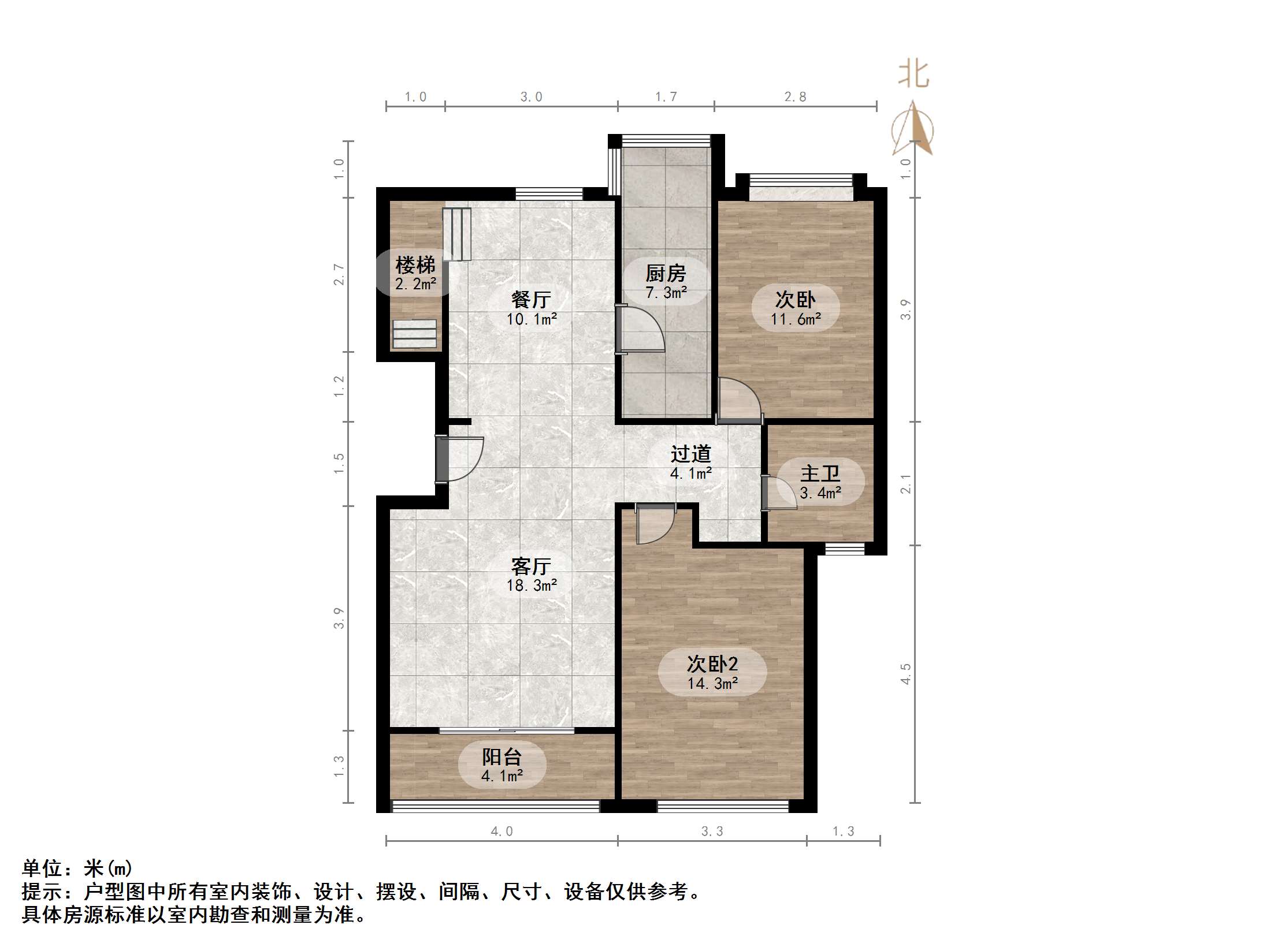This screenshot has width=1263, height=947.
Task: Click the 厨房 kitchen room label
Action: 666,273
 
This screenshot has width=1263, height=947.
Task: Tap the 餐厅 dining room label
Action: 531,300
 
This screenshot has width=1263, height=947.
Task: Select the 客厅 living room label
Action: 531,566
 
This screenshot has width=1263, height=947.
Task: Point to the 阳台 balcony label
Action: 502,756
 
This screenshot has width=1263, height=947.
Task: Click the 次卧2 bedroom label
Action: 712,664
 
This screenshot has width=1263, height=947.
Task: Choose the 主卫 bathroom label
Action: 820,473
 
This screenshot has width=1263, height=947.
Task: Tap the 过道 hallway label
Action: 690,454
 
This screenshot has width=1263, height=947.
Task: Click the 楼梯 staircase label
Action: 415,266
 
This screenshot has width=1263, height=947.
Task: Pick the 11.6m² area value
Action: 796,319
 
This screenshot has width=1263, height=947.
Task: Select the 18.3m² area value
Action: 532,586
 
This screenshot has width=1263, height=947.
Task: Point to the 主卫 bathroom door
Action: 779,493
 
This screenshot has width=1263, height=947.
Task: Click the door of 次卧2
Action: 656,523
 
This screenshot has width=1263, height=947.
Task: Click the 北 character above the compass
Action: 913,74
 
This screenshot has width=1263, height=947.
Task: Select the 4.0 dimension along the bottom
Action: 502,832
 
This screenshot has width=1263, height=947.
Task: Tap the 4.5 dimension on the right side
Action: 905,674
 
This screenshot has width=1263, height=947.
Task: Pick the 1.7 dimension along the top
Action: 666,97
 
